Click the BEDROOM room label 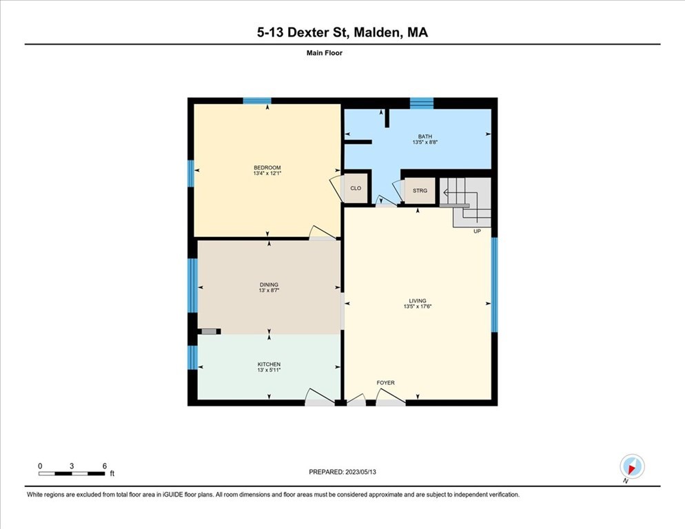[267, 168]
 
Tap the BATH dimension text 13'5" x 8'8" [425, 143]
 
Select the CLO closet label [356, 188]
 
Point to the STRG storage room [420, 191]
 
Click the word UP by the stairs [477, 231]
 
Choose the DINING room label [269, 284]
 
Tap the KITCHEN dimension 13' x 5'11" [269, 370]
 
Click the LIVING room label [418, 300]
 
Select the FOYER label [385, 383]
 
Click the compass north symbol [632, 467]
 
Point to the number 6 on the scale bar [105, 466]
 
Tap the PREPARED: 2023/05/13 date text [342, 472]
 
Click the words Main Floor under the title [325, 53]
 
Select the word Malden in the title [376, 33]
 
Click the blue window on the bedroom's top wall [257, 101]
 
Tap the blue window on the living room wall [495, 284]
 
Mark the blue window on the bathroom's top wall [422, 103]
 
